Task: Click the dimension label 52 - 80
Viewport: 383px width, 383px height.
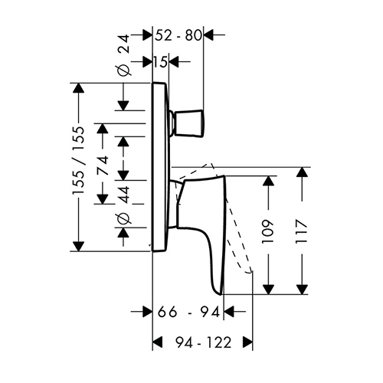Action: (178, 35)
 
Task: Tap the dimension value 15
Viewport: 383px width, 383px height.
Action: (160, 62)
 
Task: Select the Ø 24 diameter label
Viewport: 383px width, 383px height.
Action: (124, 55)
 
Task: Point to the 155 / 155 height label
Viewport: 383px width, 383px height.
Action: (78, 161)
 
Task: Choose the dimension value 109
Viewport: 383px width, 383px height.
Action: (268, 231)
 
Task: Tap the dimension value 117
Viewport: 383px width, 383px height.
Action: (301, 231)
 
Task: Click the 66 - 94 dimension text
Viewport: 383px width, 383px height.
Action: (188, 312)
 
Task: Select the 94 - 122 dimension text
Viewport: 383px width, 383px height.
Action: (203, 342)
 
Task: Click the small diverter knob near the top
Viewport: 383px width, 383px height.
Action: (188, 123)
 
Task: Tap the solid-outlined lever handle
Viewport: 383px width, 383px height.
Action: (201, 230)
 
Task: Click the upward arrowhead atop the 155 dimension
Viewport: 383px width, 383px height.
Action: (78, 88)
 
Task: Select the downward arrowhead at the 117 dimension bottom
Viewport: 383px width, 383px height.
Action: (302, 290)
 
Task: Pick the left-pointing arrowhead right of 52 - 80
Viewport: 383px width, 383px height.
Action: (208, 34)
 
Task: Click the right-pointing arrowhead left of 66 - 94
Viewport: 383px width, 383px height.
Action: (147, 312)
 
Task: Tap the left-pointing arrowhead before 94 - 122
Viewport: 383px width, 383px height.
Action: (157, 342)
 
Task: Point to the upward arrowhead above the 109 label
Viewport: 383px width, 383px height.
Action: (268, 181)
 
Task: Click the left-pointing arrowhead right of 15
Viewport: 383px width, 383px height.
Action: (174, 62)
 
